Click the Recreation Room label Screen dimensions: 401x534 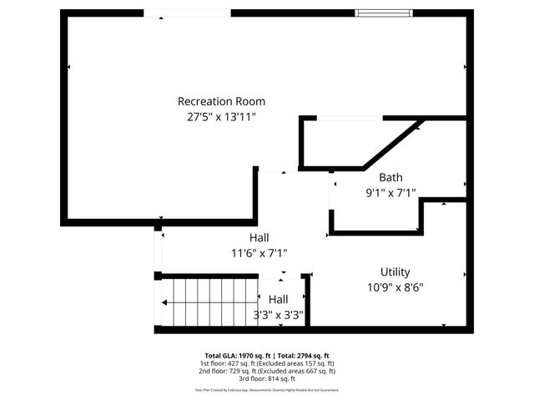pyautogui.click(x=216, y=101)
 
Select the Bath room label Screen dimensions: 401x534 pyautogui.click(x=390, y=177)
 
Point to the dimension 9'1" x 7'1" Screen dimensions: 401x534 pyautogui.click(x=390, y=193)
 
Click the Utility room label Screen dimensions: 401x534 pyautogui.click(x=395, y=272)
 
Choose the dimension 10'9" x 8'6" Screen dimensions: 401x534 pyautogui.click(x=395, y=287)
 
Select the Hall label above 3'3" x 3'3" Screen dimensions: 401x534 pyautogui.click(x=278, y=299)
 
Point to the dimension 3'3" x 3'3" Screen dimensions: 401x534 pyautogui.click(x=278, y=316)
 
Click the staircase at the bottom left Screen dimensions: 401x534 pyautogui.click(x=200, y=303)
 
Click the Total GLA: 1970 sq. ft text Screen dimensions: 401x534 pyautogui.click(x=233, y=355)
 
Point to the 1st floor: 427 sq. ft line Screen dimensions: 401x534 pyautogui.click(x=267, y=363)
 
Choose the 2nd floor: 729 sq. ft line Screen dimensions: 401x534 pyautogui.click(x=267, y=371)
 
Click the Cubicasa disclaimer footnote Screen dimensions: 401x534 pyautogui.click(x=267, y=389)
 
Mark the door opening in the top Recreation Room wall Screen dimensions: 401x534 pyautogui.click(x=188, y=13)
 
